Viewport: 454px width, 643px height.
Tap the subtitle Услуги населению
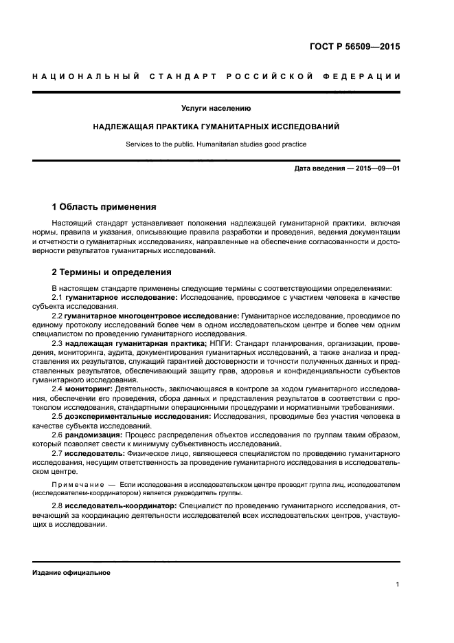(216, 109)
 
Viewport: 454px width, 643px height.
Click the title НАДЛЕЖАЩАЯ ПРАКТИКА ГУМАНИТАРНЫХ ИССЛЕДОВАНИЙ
(216, 127)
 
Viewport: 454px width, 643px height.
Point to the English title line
(216, 144)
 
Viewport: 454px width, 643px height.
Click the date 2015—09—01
(376, 168)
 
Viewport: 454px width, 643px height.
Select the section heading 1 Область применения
(104, 207)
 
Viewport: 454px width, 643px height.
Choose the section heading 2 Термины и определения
(112, 272)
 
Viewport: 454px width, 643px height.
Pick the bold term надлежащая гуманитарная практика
(136, 342)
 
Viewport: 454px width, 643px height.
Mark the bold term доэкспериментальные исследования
(133, 417)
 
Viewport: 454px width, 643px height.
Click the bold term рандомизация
(95, 435)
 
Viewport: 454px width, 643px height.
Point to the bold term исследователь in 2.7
(96, 454)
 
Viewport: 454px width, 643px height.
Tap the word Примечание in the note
(77, 485)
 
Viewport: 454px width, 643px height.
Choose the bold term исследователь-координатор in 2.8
(121, 505)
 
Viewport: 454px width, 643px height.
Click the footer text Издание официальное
(71, 572)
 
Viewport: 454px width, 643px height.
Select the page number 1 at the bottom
(398, 585)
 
